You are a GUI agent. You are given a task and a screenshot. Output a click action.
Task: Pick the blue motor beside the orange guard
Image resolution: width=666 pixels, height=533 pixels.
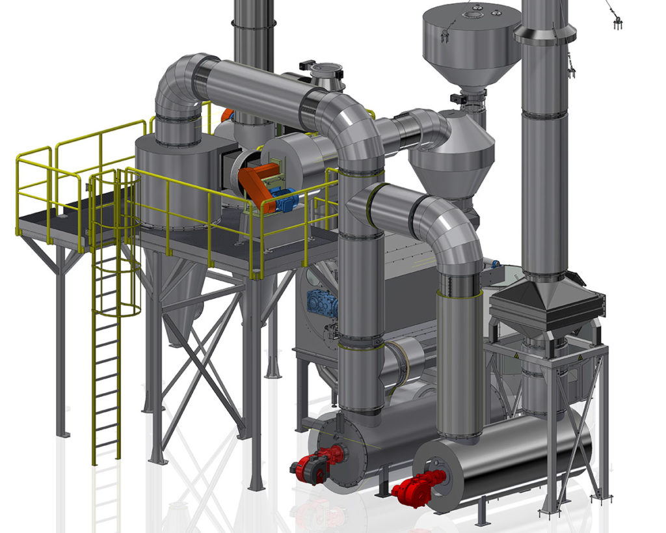pyautogui.click(x=284, y=198)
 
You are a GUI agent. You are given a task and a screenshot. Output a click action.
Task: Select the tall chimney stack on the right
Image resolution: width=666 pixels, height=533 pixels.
pyautogui.click(x=544, y=163)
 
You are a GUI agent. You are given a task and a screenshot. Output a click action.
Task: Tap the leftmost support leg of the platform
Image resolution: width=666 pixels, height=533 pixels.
pyautogui.click(x=60, y=338)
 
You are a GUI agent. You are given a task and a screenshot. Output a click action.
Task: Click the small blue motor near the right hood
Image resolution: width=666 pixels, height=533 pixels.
pyautogui.click(x=495, y=264)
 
